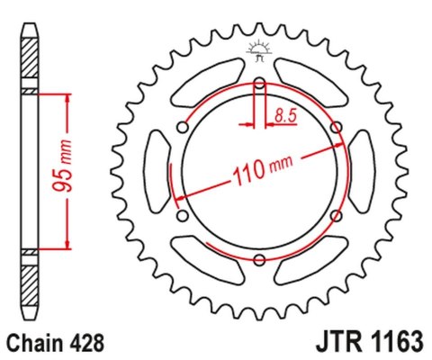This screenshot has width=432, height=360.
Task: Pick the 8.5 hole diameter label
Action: tap(285, 114)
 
